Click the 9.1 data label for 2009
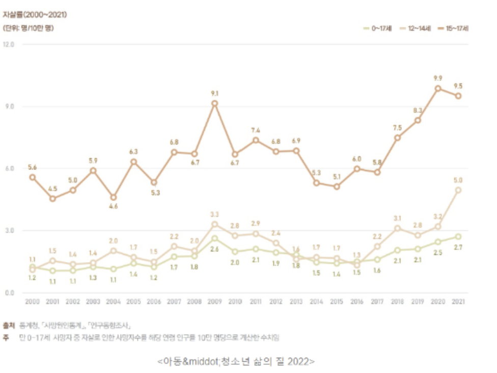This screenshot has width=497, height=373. (215, 93)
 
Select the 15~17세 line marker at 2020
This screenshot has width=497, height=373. (437, 88)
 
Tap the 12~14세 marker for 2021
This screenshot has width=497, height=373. (458, 190)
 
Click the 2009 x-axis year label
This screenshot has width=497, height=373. (215, 302)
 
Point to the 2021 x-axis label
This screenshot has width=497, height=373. (458, 302)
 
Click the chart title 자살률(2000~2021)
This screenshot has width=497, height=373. (35, 15)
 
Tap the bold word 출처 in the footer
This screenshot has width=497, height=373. (9, 324)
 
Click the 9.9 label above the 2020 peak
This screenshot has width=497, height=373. (437, 78)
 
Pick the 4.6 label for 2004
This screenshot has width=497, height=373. (114, 207)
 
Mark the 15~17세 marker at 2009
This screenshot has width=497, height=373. (215, 103)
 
